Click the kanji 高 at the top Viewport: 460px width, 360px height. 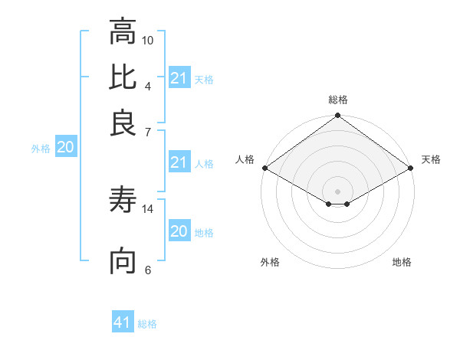(x=123, y=32)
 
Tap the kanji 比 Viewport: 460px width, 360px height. (x=123, y=77)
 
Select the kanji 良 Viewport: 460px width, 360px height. (x=123, y=122)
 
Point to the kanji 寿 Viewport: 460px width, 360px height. (x=123, y=201)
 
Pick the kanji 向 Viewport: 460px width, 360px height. (x=123, y=261)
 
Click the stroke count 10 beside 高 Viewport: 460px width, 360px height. (x=148, y=40)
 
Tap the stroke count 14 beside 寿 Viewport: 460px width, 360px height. (x=148, y=208)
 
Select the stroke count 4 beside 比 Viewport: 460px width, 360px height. (x=148, y=85)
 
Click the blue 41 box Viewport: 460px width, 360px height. (x=123, y=323)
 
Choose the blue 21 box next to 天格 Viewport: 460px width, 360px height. (x=179, y=78)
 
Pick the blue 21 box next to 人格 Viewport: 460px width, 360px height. (x=179, y=162)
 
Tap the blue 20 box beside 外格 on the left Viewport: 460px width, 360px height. (x=65, y=148)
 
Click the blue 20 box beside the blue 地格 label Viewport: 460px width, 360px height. (x=179, y=231)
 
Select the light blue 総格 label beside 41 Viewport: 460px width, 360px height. (x=147, y=324)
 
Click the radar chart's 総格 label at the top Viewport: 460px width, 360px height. (x=338, y=100)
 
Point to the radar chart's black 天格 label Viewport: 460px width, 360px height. (x=431, y=159)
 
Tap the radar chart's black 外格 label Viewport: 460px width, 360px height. (x=270, y=262)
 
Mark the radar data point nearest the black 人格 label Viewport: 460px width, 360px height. (x=264, y=168)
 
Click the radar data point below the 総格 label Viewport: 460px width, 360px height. (x=337, y=117)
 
